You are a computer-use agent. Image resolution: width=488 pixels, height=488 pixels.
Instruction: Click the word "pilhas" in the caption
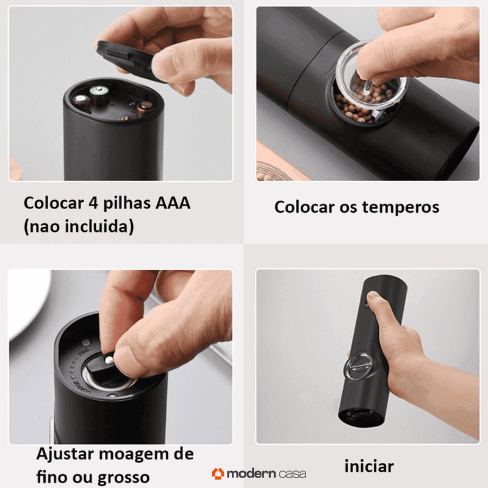click(x=129, y=203)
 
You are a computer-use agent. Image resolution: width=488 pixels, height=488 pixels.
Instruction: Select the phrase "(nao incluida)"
click(x=79, y=227)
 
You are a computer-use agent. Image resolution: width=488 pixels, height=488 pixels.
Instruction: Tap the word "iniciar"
click(x=369, y=467)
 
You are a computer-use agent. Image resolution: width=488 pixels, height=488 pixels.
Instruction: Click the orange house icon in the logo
click(x=218, y=473)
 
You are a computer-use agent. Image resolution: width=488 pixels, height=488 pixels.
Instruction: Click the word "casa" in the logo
click(x=292, y=473)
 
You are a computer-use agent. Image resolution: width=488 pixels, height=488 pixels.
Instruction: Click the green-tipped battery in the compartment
click(x=97, y=93)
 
